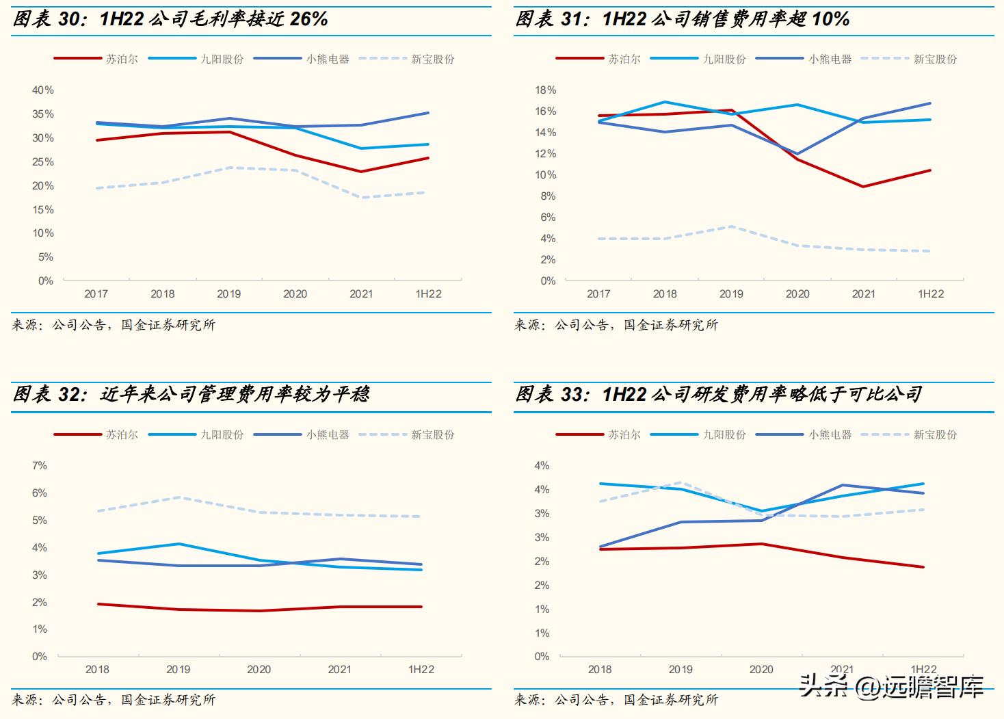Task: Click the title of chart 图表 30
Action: point(171,19)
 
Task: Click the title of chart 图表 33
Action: point(718,395)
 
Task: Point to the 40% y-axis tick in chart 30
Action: point(42,90)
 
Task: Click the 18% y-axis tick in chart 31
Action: point(545,90)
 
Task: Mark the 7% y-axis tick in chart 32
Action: point(40,466)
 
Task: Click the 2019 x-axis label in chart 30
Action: point(228,294)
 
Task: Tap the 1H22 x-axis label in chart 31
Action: point(930,294)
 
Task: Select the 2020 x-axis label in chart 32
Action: point(259,670)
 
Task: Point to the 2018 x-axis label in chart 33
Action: point(600,670)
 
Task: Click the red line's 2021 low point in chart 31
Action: point(863,186)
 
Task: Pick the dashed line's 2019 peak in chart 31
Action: point(731,226)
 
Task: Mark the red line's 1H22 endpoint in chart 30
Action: point(428,158)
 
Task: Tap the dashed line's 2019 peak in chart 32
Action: point(179,497)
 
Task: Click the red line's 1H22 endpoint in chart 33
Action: point(923,567)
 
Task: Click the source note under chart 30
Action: point(114,325)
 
